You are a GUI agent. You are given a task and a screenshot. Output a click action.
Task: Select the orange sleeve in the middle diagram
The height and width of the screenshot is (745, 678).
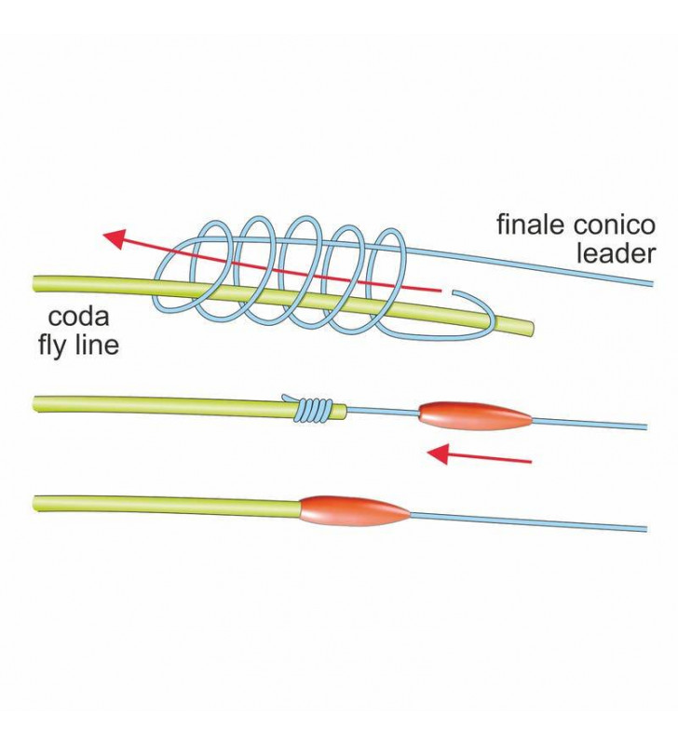click(475, 415)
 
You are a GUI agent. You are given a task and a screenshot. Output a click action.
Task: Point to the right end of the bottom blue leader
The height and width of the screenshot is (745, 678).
click(644, 529)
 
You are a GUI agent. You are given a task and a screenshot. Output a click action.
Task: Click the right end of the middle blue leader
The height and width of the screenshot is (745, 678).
click(644, 427)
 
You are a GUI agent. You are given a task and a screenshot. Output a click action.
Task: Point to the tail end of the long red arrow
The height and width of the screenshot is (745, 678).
click(438, 291)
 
